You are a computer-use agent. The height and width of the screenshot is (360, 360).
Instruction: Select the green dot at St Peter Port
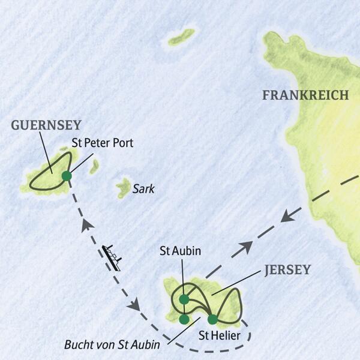pyautogui.click(x=66, y=176)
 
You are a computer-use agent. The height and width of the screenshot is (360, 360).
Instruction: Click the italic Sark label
pyautogui.click(x=143, y=189)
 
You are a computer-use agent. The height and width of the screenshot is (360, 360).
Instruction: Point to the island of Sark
pyautogui.click(x=124, y=187)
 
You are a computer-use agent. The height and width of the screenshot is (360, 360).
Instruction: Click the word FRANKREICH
pyautogui.click(x=305, y=95)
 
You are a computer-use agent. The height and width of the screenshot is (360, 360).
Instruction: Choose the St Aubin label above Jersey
pyautogui.click(x=180, y=250)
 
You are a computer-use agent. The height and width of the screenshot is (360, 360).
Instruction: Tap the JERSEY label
pyautogui.click(x=287, y=270)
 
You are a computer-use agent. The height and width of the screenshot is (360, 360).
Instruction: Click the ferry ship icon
pyautogui.click(x=112, y=257)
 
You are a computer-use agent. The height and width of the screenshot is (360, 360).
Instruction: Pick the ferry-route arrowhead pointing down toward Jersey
pyautogui.click(x=134, y=305)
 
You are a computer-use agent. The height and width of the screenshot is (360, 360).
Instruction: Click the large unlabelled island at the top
pyautogui.click(x=182, y=37)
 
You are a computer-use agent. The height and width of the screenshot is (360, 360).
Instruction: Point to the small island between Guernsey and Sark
pyautogui.click(x=94, y=166)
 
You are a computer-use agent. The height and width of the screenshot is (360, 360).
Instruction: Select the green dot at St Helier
pyautogui.click(x=212, y=319)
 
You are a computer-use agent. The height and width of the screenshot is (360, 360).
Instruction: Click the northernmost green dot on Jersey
pyautogui.click(x=184, y=299)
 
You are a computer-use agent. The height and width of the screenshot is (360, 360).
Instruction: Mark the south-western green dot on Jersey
pyautogui.click(x=184, y=319)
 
